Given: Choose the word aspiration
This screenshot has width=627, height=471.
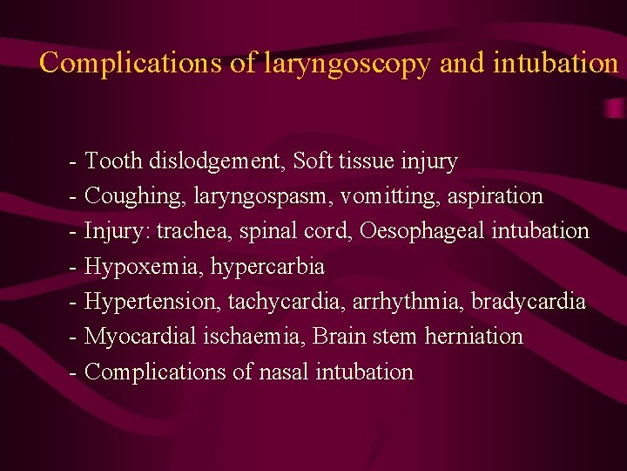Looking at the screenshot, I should click(496, 197).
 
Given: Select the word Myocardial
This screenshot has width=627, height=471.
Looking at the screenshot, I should click(140, 337).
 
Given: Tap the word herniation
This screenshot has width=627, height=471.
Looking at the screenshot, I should click(474, 336).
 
